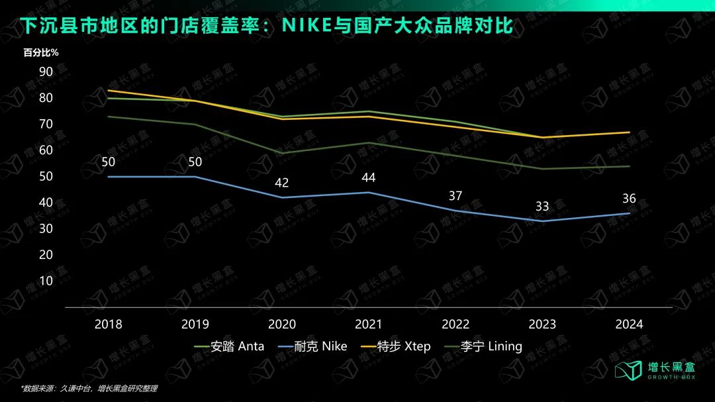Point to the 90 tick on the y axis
(x=46, y=72)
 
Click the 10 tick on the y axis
(x=46, y=280)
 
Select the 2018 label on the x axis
(x=109, y=325)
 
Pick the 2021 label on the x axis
(x=369, y=325)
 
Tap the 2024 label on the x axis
(x=629, y=325)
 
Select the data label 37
(x=455, y=196)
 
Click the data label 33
(x=542, y=207)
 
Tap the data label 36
(x=629, y=199)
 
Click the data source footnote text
(x=89, y=389)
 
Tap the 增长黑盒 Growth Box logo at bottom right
(x=656, y=371)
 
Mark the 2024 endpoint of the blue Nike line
(x=629, y=213)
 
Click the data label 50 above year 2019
(x=195, y=162)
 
